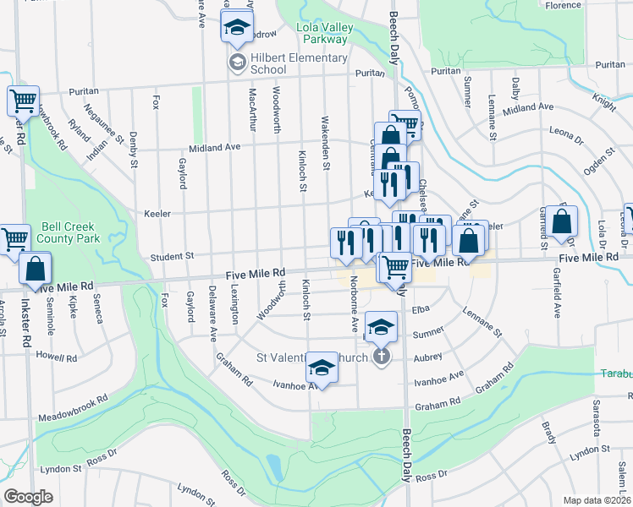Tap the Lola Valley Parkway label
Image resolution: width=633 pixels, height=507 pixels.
(x=322, y=33)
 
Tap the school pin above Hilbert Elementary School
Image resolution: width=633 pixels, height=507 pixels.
(x=237, y=27)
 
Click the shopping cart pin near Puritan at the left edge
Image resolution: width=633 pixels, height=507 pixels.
(x=24, y=101)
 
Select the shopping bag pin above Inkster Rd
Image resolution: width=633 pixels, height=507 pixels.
(x=35, y=270)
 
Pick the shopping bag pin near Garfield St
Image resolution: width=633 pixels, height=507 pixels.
(x=561, y=222)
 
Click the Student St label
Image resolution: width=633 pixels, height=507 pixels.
(x=173, y=255)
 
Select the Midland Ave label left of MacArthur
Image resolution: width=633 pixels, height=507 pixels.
(x=214, y=146)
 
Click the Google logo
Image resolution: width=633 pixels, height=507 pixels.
(x=28, y=497)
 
